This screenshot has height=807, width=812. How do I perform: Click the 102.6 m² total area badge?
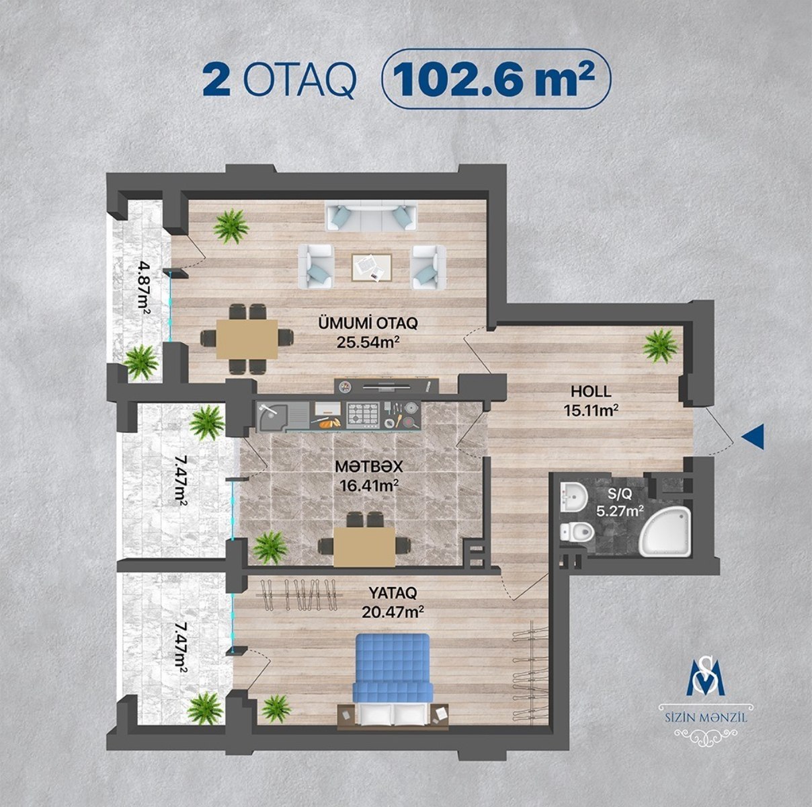(x=496, y=79)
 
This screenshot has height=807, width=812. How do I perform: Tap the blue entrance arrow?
(x=753, y=437)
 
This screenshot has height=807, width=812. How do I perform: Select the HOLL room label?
(x=591, y=391)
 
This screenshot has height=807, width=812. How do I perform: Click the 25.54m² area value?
(x=368, y=342)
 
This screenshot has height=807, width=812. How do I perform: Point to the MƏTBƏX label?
(x=369, y=467)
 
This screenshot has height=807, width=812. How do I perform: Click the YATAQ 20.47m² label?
(x=393, y=602)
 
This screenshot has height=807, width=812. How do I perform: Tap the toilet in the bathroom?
(x=577, y=533)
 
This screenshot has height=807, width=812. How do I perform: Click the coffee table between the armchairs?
(x=372, y=267)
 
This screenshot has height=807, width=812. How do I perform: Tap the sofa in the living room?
(x=371, y=217)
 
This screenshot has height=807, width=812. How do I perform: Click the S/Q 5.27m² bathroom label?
(x=620, y=504)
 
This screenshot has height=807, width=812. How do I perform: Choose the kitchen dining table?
(x=364, y=547)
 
